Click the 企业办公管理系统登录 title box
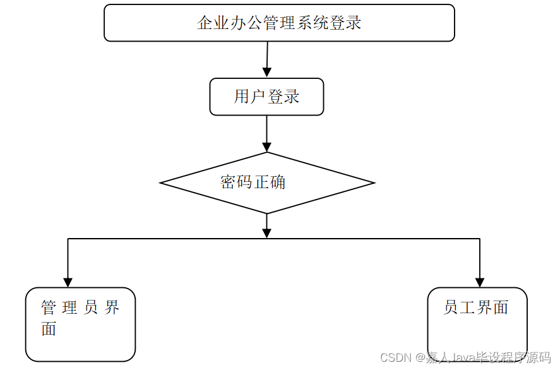(279, 23)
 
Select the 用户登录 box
(266, 97)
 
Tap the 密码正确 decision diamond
(267, 183)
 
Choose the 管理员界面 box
(80, 324)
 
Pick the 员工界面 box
(477, 324)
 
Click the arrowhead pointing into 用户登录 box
(266, 73)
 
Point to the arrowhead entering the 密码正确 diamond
(267, 147)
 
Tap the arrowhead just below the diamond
(267, 233)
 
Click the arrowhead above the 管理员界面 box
(68, 282)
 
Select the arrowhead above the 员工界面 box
(480, 282)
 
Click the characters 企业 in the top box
(213, 23)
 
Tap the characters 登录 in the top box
(345, 23)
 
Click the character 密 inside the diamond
(228, 182)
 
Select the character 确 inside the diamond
(278, 182)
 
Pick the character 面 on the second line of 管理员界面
(49, 329)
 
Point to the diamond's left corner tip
(161, 183)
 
